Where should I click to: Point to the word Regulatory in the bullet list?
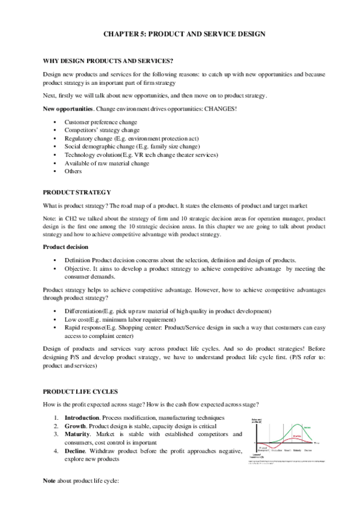[80, 138]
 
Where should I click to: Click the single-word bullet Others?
[73, 171]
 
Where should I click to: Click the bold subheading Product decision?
[68, 247]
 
